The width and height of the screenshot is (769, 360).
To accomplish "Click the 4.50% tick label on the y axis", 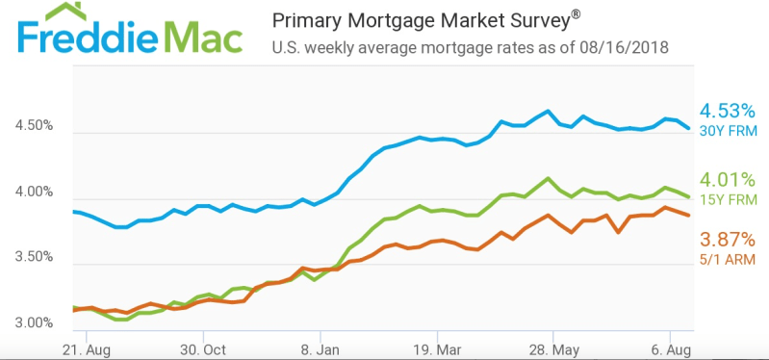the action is pyautogui.click(x=35, y=125).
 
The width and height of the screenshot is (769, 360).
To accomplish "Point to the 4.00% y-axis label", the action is pyautogui.click(x=35, y=192).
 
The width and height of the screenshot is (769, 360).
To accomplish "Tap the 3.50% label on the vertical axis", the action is pyautogui.click(x=35, y=256).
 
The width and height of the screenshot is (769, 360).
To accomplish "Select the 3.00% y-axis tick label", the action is pyautogui.click(x=35, y=322).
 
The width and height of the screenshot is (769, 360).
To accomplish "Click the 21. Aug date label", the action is pyautogui.click(x=87, y=349).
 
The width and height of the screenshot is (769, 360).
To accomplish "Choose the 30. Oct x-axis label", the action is pyautogui.click(x=202, y=349).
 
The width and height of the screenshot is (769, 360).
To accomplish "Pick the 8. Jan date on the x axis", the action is pyautogui.click(x=320, y=349).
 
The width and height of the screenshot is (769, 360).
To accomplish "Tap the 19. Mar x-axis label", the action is pyautogui.click(x=437, y=349).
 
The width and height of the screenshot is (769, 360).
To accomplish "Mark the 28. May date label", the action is pyautogui.click(x=552, y=349).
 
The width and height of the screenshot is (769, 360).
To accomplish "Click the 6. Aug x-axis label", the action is pyautogui.click(x=671, y=349).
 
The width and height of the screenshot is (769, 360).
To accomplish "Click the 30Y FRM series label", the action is pyautogui.click(x=730, y=132).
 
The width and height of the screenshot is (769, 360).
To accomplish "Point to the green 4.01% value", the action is pyautogui.click(x=727, y=181).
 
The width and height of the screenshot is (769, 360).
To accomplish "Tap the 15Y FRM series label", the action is pyautogui.click(x=730, y=199).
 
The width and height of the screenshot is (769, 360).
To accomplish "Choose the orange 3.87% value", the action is pyautogui.click(x=727, y=241).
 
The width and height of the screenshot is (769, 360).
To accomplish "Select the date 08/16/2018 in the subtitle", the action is pyautogui.click(x=624, y=48).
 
